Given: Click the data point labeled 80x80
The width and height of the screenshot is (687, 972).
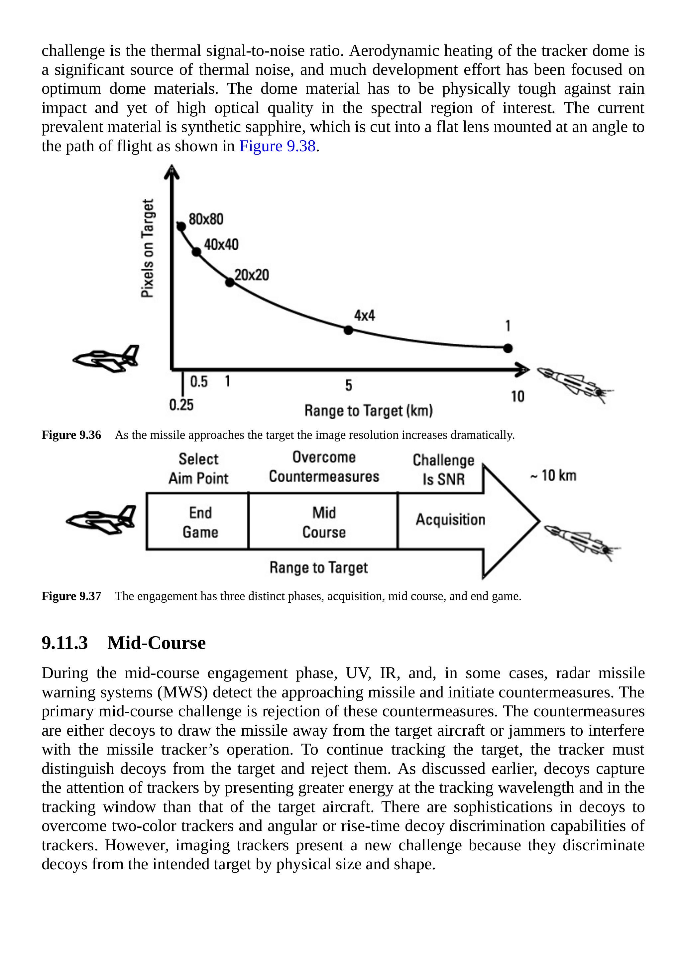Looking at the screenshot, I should click(x=181, y=226).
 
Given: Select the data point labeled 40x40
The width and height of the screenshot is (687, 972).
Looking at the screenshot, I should click(x=196, y=252).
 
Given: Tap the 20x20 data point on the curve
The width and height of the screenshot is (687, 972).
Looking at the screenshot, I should click(x=229, y=282).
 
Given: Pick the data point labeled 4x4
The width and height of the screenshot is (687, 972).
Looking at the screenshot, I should click(x=348, y=330).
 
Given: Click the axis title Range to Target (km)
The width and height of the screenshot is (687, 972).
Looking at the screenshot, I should click(x=368, y=411).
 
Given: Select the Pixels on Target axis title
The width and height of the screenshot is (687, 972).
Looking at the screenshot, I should click(x=147, y=249).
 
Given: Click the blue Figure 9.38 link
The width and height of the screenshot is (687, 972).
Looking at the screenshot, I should click(x=277, y=146).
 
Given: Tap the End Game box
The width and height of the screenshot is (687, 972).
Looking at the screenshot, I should click(x=200, y=522).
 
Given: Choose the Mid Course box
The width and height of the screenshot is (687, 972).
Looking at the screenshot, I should click(x=324, y=522).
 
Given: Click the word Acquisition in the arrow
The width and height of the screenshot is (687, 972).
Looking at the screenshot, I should click(x=450, y=520).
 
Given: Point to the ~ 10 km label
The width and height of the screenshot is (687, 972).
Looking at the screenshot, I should click(x=553, y=475).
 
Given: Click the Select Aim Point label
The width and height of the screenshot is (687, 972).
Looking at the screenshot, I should click(x=198, y=469).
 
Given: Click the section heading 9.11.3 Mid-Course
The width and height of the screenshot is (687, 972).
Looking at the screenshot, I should click(x=123, y=643).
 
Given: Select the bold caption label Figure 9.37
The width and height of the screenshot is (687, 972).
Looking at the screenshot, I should click(x=71, y=596).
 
